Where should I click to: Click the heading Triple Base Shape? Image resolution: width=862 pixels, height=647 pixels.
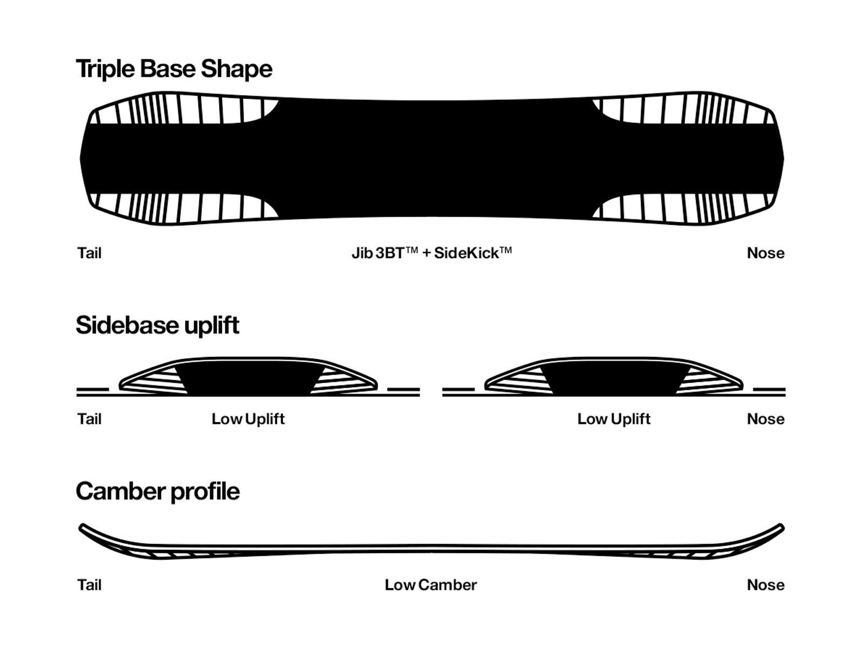tap(174, 69)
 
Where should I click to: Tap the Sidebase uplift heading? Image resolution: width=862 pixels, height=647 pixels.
tap(157, 325)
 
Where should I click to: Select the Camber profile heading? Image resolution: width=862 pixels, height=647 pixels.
tap(157, 491)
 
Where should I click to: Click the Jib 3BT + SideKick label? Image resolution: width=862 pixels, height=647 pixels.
tap(431, 253)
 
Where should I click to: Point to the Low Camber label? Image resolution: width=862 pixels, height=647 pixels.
tap(430, 585)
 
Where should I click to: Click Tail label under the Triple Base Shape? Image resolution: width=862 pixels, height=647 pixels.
tap(89, 253)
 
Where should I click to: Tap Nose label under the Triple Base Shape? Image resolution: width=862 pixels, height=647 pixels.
tap(765, 253)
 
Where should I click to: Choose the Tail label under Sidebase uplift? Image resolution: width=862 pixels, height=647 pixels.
tap(89, 419)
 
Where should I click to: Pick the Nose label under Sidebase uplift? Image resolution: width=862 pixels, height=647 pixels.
tap(765, 419)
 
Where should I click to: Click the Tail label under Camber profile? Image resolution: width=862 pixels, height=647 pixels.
tap(89, 585)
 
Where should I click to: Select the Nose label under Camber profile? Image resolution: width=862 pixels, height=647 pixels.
tap(765, 585)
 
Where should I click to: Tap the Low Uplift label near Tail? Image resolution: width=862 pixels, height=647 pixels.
tap(248, 419)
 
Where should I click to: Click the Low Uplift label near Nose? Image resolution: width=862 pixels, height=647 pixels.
tap(614, 419)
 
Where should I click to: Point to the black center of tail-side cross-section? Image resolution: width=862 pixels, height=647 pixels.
tap(248, 377)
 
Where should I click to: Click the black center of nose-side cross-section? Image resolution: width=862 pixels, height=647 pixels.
tap(614, 377)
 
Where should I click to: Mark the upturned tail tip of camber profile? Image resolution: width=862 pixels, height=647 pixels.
tap(84, 527)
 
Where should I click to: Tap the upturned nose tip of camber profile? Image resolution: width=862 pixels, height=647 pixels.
tap(780, 527)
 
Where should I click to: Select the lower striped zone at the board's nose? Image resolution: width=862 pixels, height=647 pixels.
tap(684, 208)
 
